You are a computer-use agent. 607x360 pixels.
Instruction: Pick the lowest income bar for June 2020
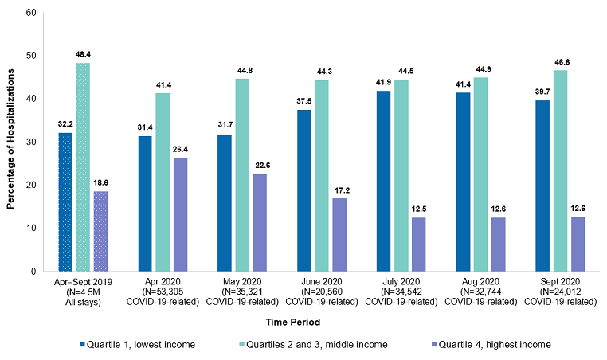303,190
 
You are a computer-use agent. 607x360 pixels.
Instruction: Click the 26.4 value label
181,149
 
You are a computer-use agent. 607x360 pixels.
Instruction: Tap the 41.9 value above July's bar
383,82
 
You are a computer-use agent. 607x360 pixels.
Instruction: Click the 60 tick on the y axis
31,13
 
